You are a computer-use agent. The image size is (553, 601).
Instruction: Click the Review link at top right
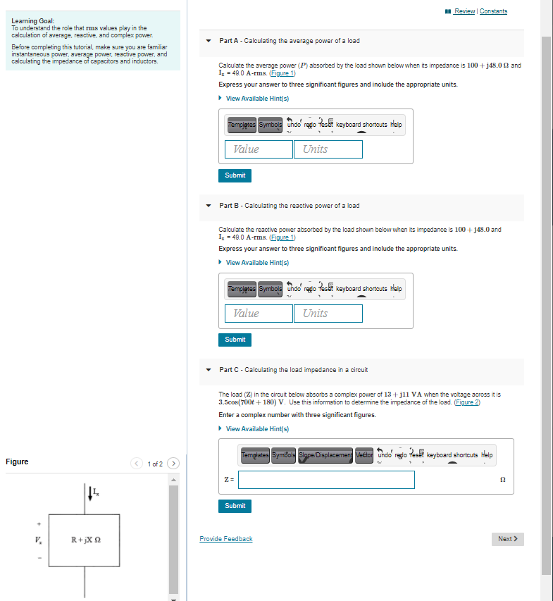click(465, 11)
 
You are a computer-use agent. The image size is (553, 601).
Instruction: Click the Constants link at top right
click(493, 11)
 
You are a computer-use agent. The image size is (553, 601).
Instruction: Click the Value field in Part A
click(259, 149)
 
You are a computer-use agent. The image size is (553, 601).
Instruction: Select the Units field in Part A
click(328, 149)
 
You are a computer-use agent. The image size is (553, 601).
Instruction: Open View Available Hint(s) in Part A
click(257, 98)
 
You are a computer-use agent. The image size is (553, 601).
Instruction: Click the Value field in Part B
click(259, 314)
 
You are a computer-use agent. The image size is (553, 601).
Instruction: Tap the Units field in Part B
click(328, 314)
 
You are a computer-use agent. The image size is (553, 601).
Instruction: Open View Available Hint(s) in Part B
click(257, 263)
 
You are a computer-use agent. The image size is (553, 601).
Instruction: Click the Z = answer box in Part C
click(327, 480)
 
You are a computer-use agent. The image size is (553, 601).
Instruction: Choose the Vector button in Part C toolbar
click(364, 455)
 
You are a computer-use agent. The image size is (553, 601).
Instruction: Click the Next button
click(507, 539)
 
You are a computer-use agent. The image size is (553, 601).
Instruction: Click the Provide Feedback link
click(225, 539)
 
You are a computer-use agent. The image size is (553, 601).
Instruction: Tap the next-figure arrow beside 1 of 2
click(174, 464)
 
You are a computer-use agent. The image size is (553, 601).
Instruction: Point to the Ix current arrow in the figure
click(90, 493)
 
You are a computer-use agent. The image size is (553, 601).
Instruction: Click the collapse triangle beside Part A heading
click(209, 41)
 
